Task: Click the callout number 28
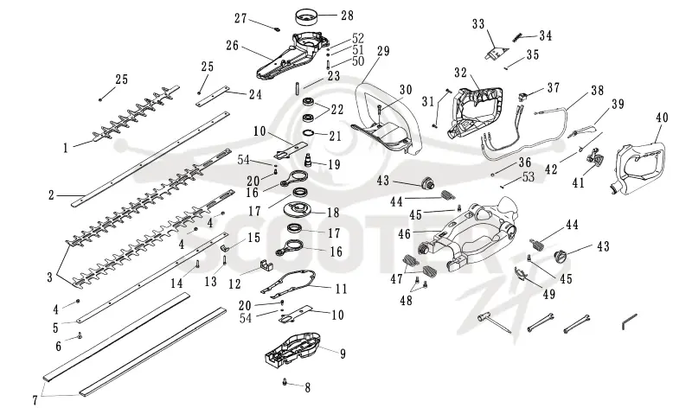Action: click(x=348, y=16)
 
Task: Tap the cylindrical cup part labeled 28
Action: click(x=306, y=18)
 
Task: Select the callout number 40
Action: click(x=662, y=118)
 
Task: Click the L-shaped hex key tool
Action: click(x=629, y=322)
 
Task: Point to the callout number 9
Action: click(x=343, y=353)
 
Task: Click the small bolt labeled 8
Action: click(x=285, y=381)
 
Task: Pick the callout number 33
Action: click(x=478, y=24)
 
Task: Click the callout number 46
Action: click(x=404, y=233)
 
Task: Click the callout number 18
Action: click(x=333, y=213)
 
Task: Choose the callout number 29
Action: click(x=383, y=51)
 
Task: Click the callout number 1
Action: click(x=66, y=148)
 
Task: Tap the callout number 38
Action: click(x=597, y=91)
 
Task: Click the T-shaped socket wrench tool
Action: click(x=495, y=323)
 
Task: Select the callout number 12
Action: click(x=234, y=284)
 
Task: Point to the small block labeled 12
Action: click(x=265, y=264)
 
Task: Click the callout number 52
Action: click(x=358, y=38)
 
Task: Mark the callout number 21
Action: click(x=335, y=136)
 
